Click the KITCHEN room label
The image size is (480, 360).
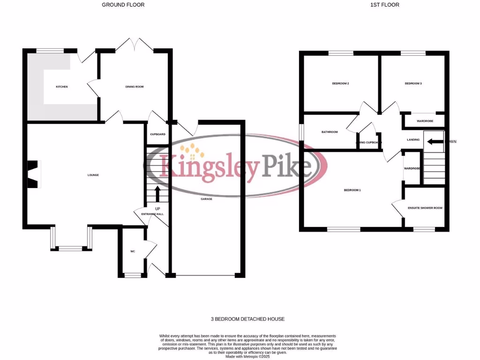pos(62,87)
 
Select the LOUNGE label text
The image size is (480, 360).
pos(93,175)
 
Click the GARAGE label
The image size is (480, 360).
pos(207,199)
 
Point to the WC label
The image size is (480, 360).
pos(133,252)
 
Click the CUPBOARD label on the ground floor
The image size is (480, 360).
pos(157,135)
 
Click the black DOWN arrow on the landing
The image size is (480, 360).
pos(435,141)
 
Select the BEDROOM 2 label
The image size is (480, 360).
pos(340,83)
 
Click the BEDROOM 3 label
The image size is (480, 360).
pos(413,83)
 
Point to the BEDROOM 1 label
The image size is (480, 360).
pos(352,190)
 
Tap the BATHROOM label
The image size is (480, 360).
pos(330,132)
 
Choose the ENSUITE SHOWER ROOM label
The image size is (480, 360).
pos(425,208)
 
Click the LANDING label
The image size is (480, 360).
pos(413,140)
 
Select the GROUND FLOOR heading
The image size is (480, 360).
pos(123,5)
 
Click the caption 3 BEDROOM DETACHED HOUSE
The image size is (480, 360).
pos(247,319)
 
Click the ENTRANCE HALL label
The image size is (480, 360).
pos(152,214)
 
